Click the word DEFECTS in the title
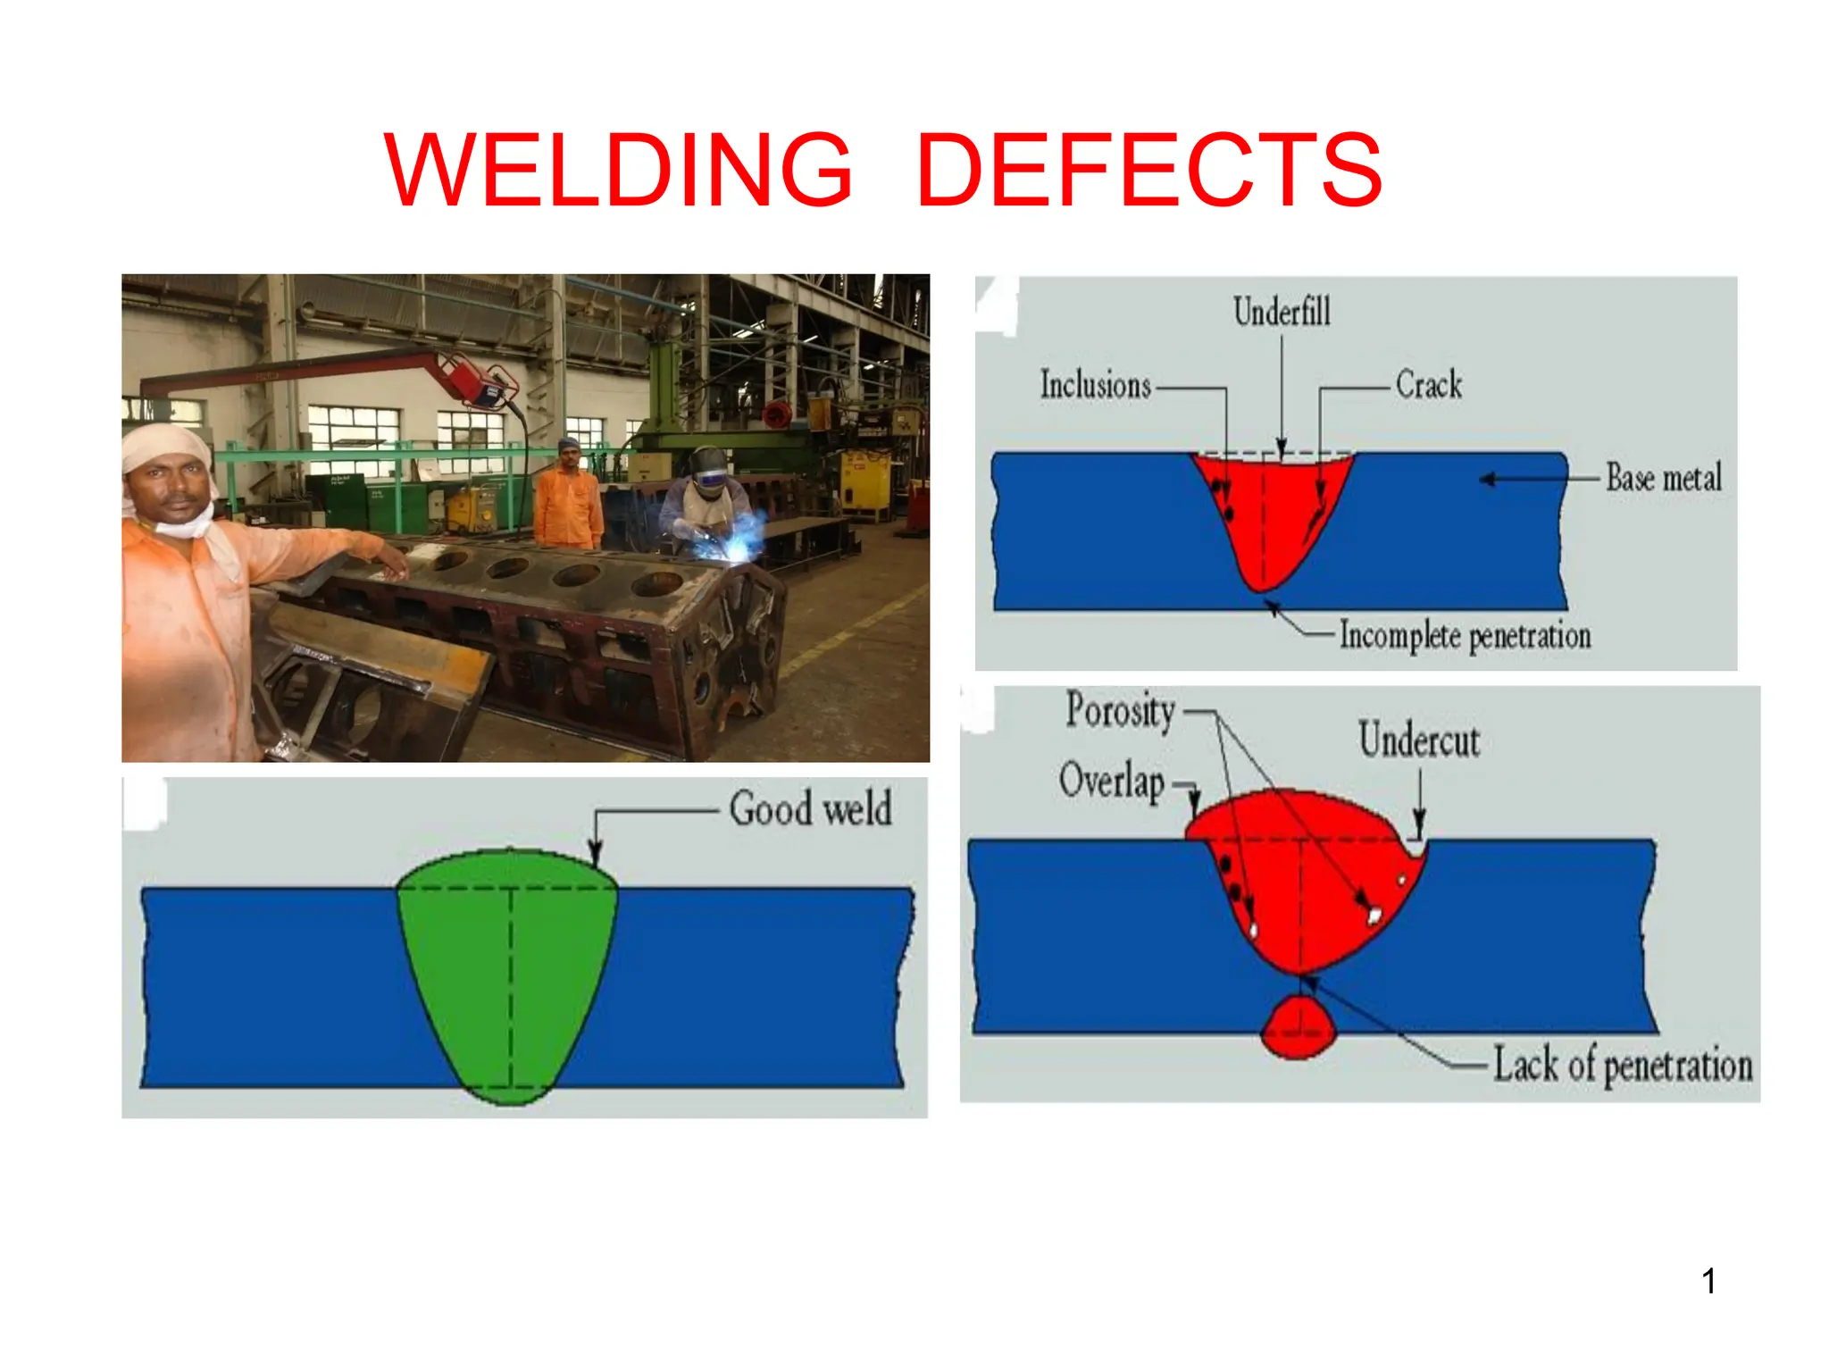(x=1149, y=170)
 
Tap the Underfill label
(x=1282, y=312)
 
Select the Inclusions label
(x=1095, y=385)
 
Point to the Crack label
(x=1428, y=385)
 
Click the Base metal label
(x=1663, y=478)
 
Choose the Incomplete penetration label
(x=1465, y=636)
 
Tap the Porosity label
(x=1120, y=712)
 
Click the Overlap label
(x=1112, y=781)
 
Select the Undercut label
(x=1419, y=740)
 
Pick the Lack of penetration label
(x=1623, y=1066)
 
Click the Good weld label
(x=810, y=808)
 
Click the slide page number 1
(x=1708, y=1282)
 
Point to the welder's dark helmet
(x=708, y=470)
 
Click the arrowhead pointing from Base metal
(x=1487, y=480)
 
